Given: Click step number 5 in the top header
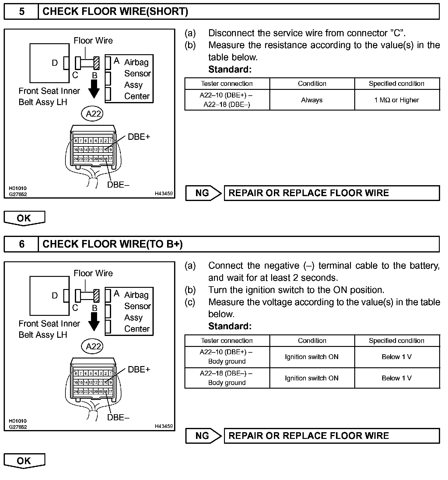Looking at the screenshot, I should [x=22, y=12].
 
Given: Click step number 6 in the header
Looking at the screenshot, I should [x=22, y=244].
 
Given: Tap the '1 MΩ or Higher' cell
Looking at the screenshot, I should [x=397, y=100].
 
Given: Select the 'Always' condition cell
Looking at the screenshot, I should [x=312, y=100].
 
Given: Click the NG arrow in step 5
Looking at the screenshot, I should [x=203, y=193].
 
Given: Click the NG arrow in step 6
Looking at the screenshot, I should [x=203, y=436].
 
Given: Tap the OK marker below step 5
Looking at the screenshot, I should [x=24, y=218].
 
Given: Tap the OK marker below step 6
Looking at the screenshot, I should [x=24, y=461].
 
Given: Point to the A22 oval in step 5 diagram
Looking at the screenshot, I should [x=93, y=114].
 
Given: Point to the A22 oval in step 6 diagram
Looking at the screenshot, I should [x=93, y=346].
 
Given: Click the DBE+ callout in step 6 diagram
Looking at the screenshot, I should [x=139, y=369].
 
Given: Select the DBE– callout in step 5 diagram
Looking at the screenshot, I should [x=118, y=185].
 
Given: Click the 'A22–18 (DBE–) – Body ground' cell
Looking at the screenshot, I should [x=227, y=378].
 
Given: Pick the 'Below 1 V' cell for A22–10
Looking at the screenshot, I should [x=397, y=357].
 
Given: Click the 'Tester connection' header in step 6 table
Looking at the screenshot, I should [x=227, y=341].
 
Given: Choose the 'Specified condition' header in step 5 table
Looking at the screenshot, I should [x=397, y=83].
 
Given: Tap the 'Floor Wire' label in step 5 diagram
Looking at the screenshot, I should [x=93, y=41].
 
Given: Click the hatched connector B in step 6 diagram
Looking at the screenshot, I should [x=96, y=295].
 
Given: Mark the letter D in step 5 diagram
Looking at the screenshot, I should [x=55, y=63].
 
